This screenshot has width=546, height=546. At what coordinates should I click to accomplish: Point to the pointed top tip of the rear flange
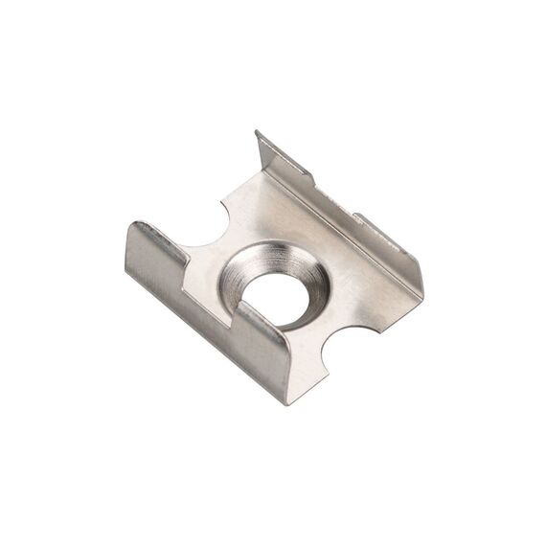(x=258, y=133)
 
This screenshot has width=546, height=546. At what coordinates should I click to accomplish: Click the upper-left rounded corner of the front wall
(x=137, y=226)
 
